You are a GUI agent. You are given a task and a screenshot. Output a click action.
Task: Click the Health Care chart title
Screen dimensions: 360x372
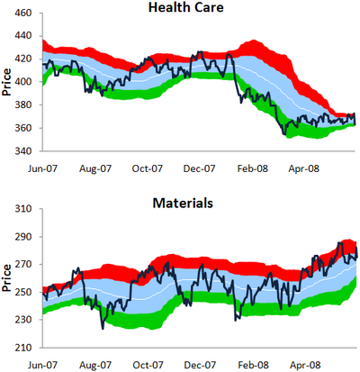(186, 7)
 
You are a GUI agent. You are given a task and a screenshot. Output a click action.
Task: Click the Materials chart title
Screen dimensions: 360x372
(183, 203)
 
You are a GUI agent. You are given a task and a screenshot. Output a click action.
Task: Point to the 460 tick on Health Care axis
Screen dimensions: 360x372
(22, 14)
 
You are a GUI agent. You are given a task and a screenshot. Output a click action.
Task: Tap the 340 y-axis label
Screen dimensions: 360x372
(22, 150)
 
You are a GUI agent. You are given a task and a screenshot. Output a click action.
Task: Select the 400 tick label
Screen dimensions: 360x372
(22, 82)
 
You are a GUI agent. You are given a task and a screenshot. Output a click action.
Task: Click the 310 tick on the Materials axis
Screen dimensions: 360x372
(23, 208)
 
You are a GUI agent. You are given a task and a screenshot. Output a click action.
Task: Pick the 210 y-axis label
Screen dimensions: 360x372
(23, 348)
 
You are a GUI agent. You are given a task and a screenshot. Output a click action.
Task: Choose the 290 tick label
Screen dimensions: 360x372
(23, 237)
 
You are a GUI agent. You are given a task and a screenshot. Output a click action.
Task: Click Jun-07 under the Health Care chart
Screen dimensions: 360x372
(42, 168)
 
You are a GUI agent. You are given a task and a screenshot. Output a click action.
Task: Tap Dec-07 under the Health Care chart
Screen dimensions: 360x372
(199, 168)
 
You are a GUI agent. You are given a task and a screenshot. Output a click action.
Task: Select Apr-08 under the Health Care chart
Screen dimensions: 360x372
(303, 168)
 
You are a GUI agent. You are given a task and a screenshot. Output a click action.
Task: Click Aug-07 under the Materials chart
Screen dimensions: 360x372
(95, 365)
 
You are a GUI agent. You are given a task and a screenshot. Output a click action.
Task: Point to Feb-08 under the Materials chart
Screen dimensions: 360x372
(253, 365)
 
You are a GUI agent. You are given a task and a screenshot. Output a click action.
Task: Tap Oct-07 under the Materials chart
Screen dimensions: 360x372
(148, 365)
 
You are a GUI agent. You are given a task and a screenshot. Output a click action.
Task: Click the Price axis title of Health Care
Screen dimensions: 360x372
(6, 82)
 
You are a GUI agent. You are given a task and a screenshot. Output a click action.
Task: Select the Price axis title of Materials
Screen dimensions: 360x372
(6, 277)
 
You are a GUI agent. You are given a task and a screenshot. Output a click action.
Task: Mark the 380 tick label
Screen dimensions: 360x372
(22, 104)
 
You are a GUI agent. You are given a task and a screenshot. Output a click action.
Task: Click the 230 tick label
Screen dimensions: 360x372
(23, 320)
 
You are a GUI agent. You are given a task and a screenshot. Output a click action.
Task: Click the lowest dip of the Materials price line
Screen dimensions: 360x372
(103, 329)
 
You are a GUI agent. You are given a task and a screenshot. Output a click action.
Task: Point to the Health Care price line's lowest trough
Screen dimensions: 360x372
(284, 134)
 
